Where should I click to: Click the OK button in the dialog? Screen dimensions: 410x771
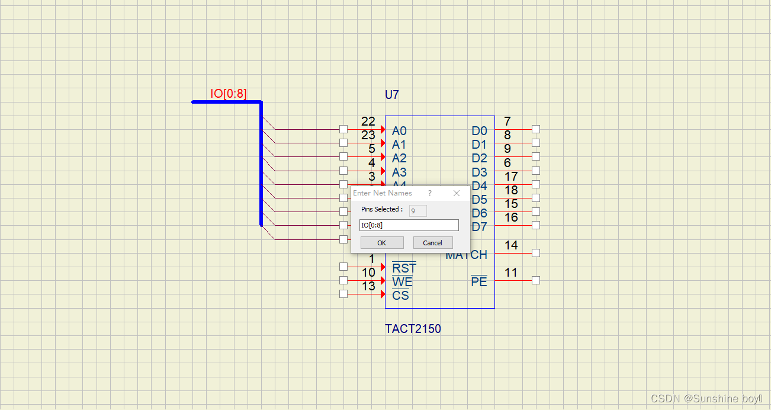(x=382, y=243)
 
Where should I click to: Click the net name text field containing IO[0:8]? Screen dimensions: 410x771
(x=409, y=225)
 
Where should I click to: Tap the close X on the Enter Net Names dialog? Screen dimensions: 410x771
(x=457, y=193)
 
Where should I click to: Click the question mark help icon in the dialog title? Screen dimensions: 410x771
(x=430, y=193)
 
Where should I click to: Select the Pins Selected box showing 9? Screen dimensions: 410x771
(x=417, y=210)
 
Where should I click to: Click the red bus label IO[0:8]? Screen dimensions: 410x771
(x=229, y=94)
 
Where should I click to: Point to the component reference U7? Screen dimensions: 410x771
(x=392, y=95)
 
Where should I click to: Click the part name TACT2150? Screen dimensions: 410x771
(x=413, y=329)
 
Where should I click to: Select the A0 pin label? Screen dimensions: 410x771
(x=399, y=131)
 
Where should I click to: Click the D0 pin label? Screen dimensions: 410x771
(x=479, y=131)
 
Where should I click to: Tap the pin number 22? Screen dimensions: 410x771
(x=368, y=121)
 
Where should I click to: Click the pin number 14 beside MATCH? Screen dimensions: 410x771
(x=511, y=245)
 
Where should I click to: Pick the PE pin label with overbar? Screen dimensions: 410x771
(x=479, y=282)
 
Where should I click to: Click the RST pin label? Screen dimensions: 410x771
(x=404, y=269)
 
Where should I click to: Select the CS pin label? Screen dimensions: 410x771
(x=400, y=295)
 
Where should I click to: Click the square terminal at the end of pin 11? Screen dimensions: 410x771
(x=536, y=280)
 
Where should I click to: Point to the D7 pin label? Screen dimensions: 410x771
(x=479, y=227)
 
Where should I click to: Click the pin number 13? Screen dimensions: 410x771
(x=368, y=286)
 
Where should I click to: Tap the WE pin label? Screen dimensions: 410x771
(x=402, y=282)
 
